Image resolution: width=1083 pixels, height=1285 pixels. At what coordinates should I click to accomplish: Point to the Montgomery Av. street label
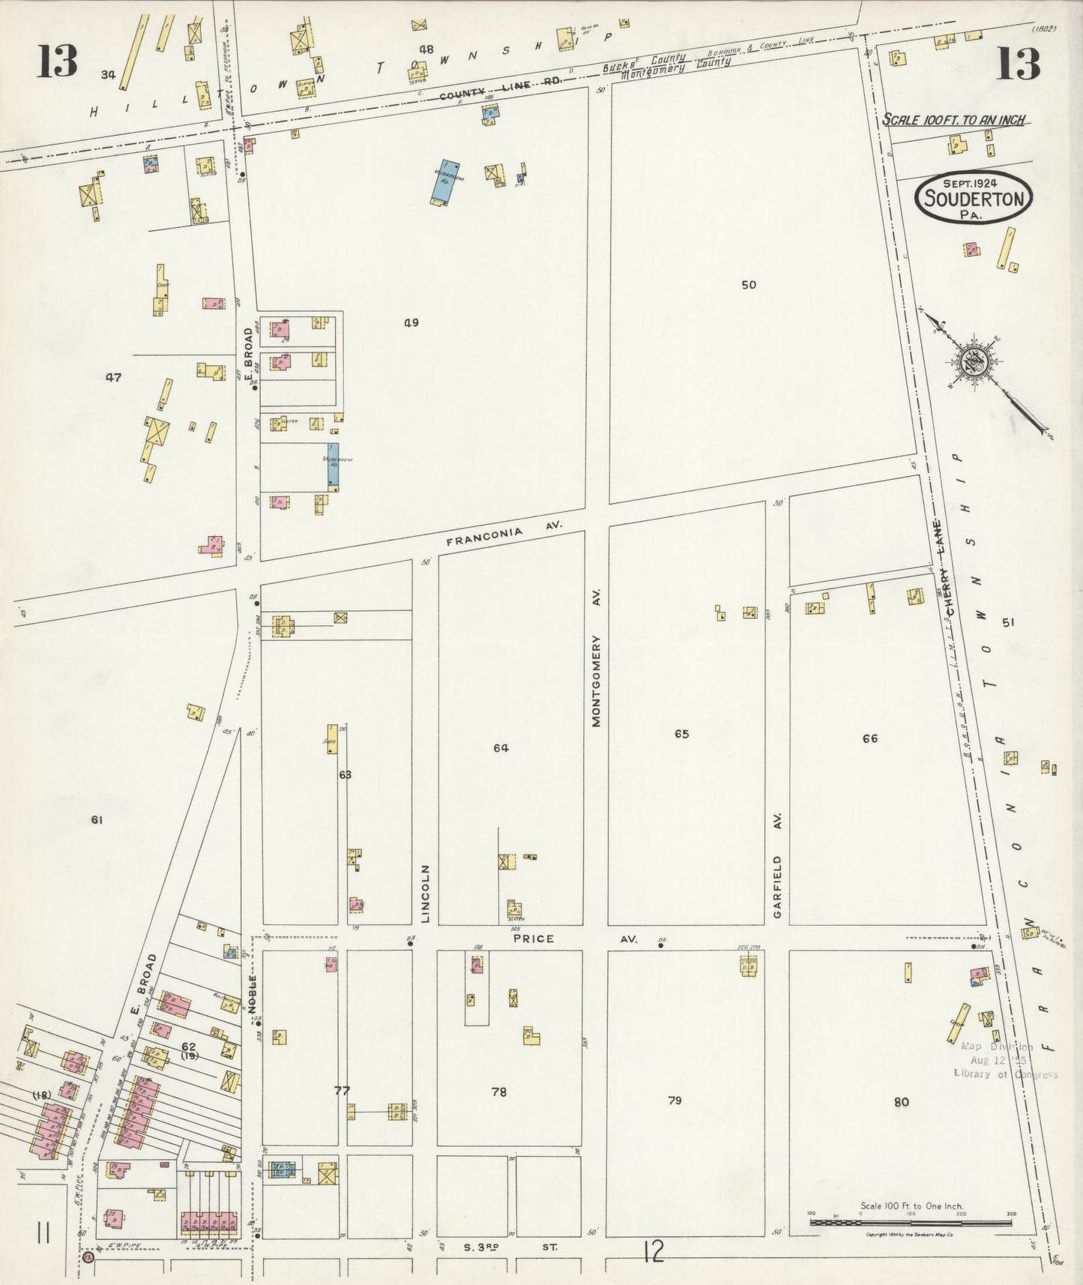point(597,657)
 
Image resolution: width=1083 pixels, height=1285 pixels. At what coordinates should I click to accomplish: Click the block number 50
point(748,285)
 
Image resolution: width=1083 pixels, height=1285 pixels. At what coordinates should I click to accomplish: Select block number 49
point(411,323)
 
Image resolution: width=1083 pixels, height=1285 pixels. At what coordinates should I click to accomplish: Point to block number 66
point(869,738)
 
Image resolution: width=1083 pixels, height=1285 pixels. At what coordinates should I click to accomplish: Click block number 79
point(675,1101)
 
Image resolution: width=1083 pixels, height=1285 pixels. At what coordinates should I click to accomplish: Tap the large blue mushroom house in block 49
point(444,182)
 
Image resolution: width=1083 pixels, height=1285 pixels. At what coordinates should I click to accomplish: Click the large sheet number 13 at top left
point(57,61)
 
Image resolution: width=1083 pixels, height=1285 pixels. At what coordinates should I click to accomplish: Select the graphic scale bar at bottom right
point(910,1223)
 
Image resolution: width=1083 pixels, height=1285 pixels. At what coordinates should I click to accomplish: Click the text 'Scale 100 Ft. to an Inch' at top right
point(953,120)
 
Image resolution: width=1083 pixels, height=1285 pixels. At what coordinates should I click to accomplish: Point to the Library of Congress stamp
point(1004,1060)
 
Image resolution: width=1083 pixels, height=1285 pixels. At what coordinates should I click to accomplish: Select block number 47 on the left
point(113,378)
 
